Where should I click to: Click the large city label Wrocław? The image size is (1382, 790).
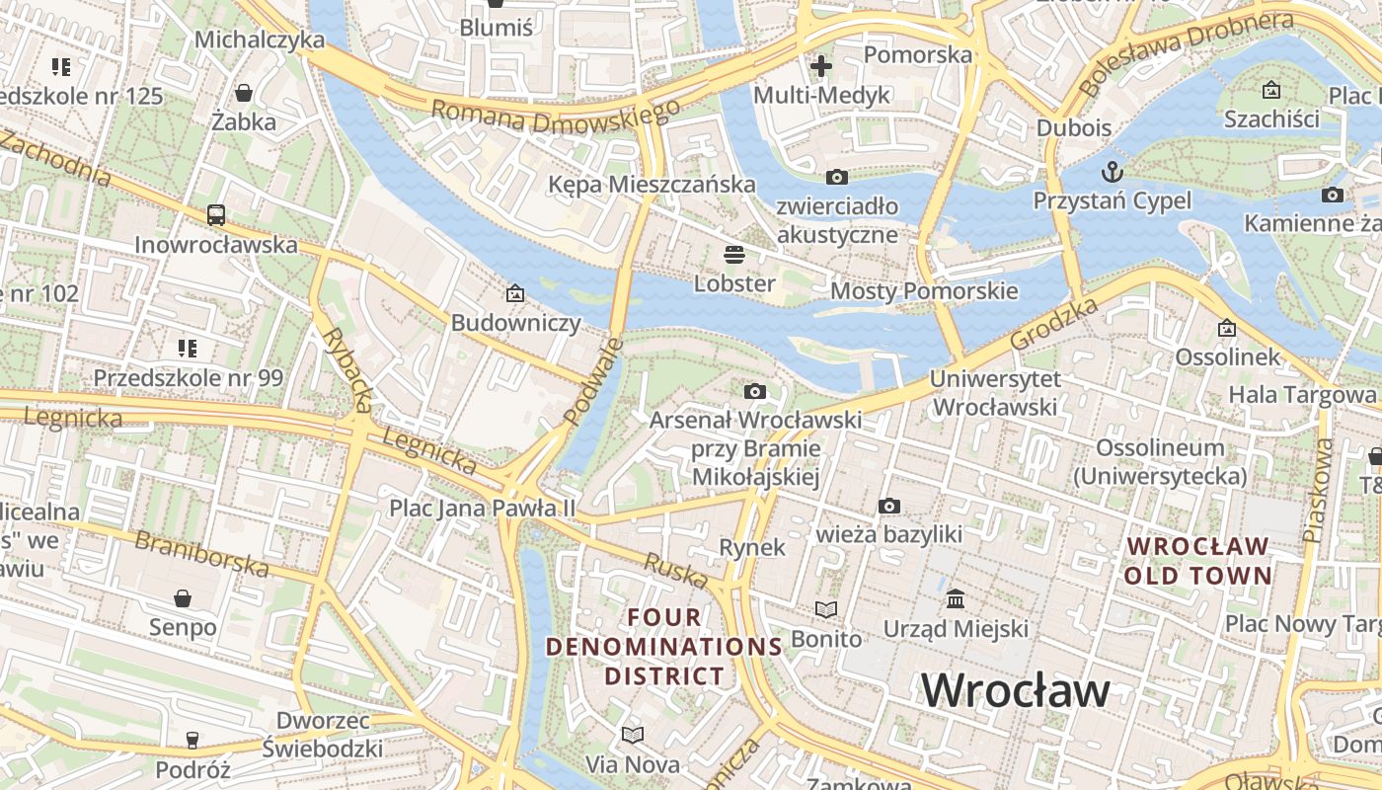pos(1016,689)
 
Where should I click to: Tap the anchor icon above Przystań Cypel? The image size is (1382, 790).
pos(1113,171)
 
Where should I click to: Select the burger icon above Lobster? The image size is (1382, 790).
pos(733,255)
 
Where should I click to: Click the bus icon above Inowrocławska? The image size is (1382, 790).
pos(215,214)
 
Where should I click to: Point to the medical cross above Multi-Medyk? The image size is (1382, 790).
pos(820,66)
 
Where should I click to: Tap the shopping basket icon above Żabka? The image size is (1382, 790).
pos(243,93)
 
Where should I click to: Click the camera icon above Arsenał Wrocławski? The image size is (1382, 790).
pos(755,391)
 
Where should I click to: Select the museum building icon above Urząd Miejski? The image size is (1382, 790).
pos(956,598)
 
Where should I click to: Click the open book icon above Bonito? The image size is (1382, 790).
pos(826,609)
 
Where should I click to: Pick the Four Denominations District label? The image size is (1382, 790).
pos(665,647)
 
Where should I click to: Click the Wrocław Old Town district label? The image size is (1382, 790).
pos(1197,560)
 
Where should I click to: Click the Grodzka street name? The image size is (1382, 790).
pos(1054,324)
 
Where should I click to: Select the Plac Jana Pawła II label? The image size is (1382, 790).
pos(482,509)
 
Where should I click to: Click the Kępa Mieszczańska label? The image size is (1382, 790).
pos(652,185)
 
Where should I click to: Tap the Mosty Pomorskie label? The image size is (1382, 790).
pos(923,291)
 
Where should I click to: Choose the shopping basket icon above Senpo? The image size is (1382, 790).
pos(183,598)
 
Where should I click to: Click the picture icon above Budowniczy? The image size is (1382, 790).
pos(514,292)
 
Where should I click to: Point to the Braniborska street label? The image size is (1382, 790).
pos(201,553)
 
